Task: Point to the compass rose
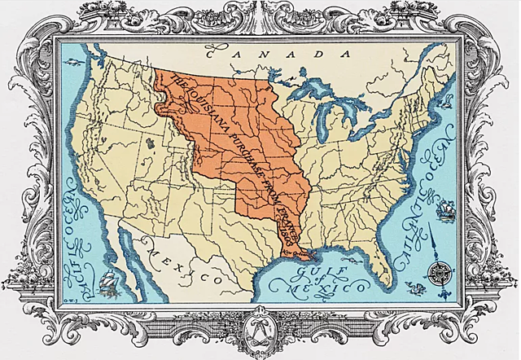[441, 272]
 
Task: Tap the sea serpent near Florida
[413, 287]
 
